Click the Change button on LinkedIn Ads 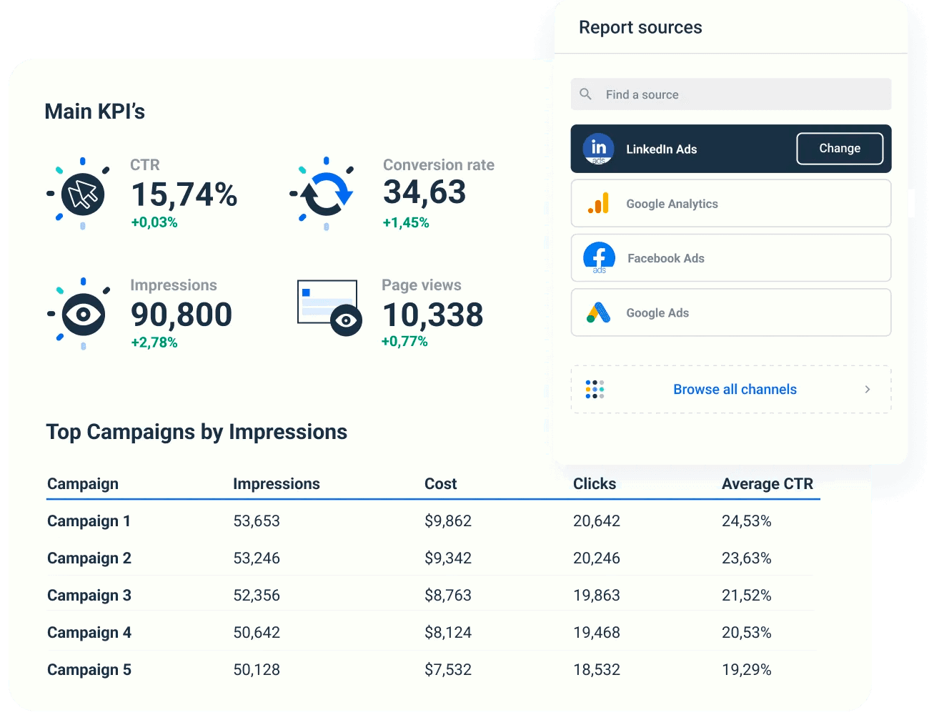[840, 149]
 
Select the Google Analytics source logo [599, 204]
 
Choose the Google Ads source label [657, 313]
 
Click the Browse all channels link [735, 390]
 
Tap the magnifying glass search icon [586, 94]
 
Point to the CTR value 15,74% [184, 194]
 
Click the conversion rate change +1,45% [406, 223]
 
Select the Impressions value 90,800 [182, 315]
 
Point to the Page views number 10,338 [433, 315]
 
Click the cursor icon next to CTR [83, 194]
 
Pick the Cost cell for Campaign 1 [448, 521]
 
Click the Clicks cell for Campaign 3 [597, 596]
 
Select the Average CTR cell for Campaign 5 [747, 670]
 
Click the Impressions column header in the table [277, 484]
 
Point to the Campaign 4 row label [89, 633]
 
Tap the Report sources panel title [640, 28]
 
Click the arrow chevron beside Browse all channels [868, 390]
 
